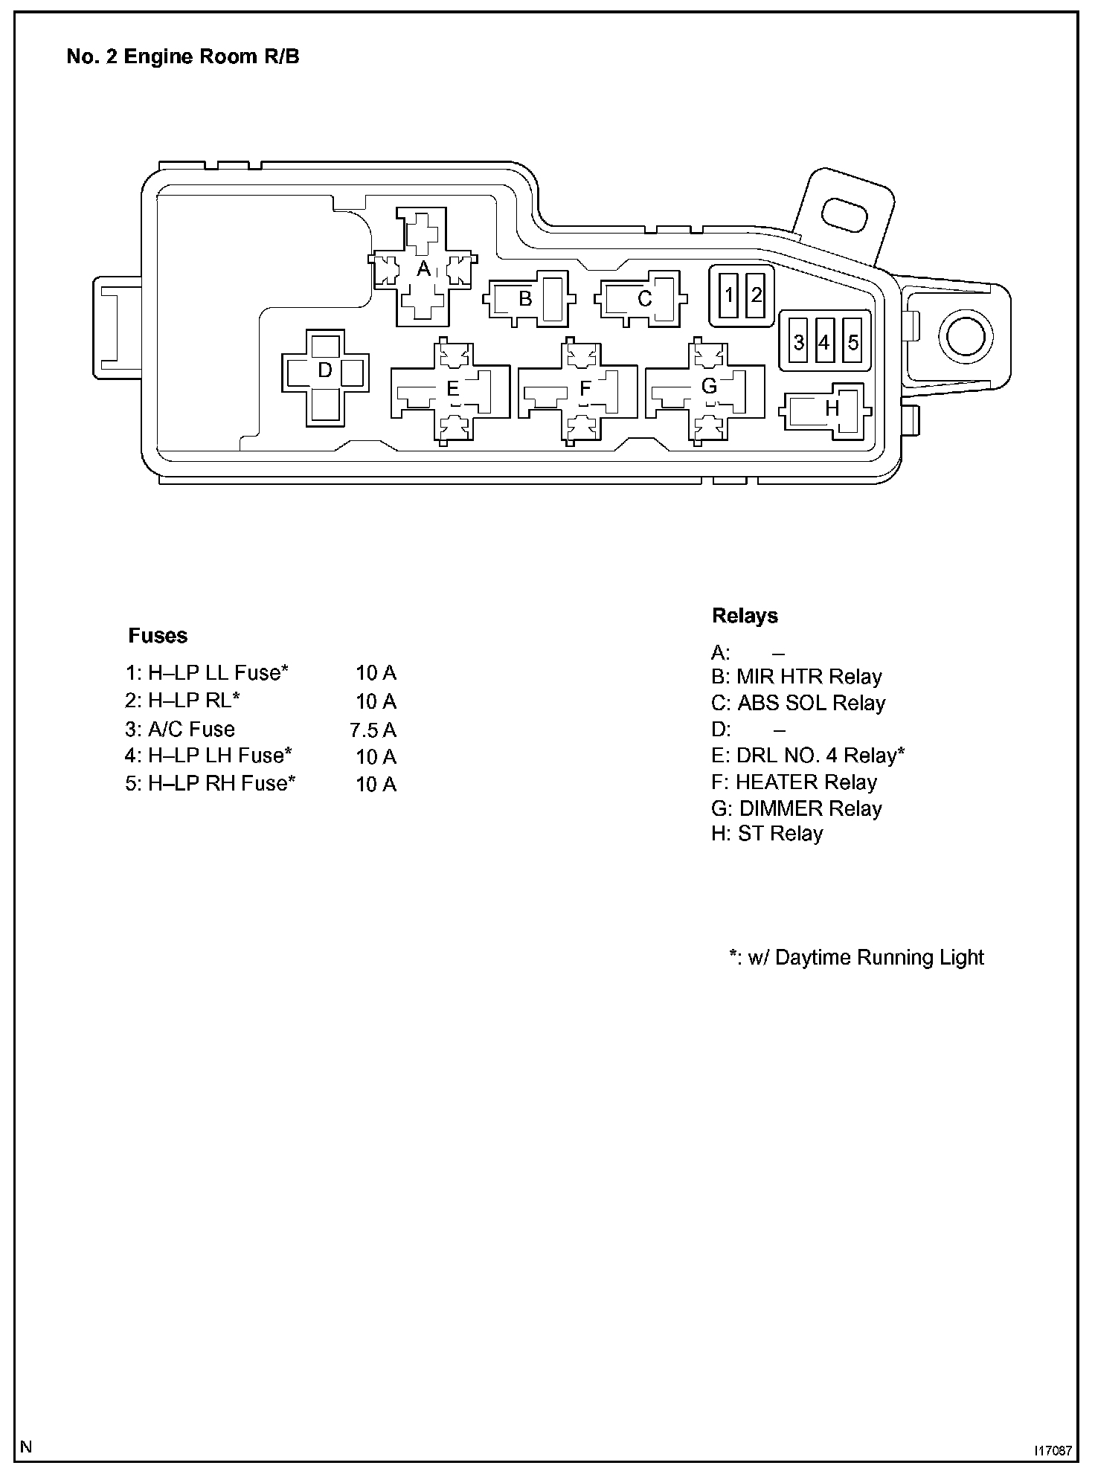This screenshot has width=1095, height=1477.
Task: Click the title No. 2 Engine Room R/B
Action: [183, 57]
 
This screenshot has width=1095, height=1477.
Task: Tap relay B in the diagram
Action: [526, 299]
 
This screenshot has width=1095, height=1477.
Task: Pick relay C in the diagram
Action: [644, 299]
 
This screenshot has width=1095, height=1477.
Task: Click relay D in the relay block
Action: [325, 371]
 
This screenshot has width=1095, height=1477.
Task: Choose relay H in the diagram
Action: [831, 408]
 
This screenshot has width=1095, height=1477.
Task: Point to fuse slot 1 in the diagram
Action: [729, 296]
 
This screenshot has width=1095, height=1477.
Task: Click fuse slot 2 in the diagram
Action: [757, 296]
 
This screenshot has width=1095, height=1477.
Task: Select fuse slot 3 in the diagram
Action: [798, 342]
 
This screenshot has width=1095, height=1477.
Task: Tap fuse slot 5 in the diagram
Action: [853, 342]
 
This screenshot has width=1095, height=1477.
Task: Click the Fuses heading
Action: [158, 636]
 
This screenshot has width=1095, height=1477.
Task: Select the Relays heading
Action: [745, 616]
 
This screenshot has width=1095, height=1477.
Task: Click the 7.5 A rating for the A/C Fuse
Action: [373, 730]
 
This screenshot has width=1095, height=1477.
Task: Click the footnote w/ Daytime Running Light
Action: [856, 957]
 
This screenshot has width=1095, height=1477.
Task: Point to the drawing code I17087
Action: [1051, 1450]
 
